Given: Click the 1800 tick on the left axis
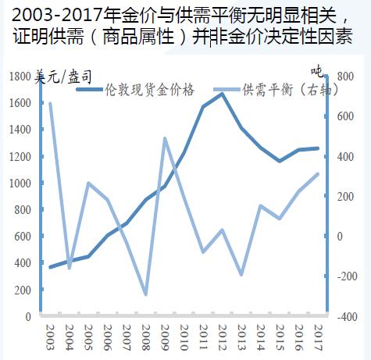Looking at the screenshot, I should coord(20,77).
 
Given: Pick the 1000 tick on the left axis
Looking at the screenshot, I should coord(20,184).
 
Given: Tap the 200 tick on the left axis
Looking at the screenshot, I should coord(23,290).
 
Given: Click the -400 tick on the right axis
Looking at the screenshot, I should coord(345,317).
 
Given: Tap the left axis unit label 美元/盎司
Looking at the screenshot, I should coord(64,76).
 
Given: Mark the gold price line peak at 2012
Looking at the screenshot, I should coord(222,94).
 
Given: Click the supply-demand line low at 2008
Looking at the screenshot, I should coord(145,295).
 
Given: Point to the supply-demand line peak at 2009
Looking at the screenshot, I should coord(165,138).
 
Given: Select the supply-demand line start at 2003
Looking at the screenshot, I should coord(50,103).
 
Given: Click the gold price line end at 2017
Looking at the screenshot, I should coord(318,148).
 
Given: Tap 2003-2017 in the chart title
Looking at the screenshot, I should coord(54,15).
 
